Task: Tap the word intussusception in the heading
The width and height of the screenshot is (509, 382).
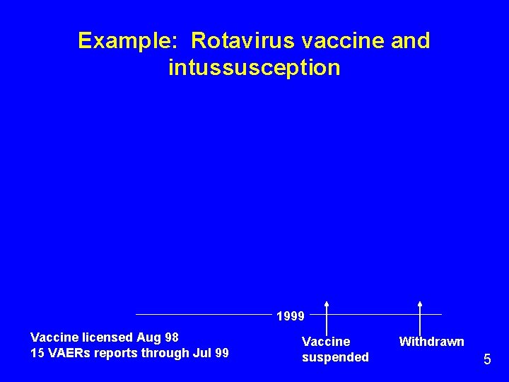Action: click(255, 68)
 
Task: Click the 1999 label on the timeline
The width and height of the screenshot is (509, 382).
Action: click(290, 316)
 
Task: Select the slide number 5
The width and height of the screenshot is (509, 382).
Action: click(487, 359)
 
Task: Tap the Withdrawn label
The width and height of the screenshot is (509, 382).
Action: click(431, 342)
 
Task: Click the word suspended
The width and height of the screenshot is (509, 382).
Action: click(335, 357)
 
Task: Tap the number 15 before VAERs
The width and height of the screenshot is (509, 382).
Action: click(37, 352)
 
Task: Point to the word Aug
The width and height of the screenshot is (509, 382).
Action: click(148, 337)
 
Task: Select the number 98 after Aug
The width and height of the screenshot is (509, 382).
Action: click(171, 337)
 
